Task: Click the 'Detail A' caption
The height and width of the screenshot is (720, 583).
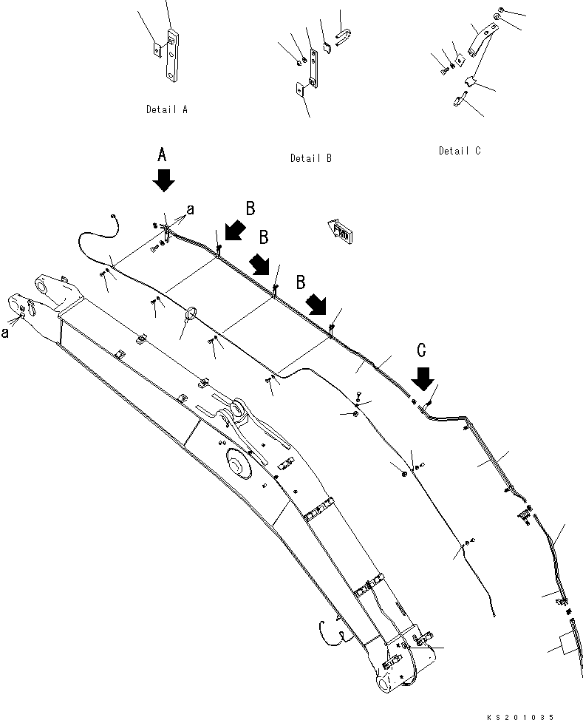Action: point(166,109)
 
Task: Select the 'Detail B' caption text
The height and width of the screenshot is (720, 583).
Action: point(310,158)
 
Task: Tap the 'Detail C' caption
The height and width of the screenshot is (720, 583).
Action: point(459,151)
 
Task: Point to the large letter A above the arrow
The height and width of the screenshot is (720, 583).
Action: point(164,155)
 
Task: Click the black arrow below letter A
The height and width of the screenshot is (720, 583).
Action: point(164,180)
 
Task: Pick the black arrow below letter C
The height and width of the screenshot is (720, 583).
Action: point(423,378)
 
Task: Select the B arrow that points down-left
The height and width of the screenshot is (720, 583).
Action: point(234,231)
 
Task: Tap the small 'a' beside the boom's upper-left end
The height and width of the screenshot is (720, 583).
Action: point(6,333)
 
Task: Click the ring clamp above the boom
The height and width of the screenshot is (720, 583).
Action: point(190,316)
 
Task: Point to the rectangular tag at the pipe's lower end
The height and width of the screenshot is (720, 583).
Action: point(565,645)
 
